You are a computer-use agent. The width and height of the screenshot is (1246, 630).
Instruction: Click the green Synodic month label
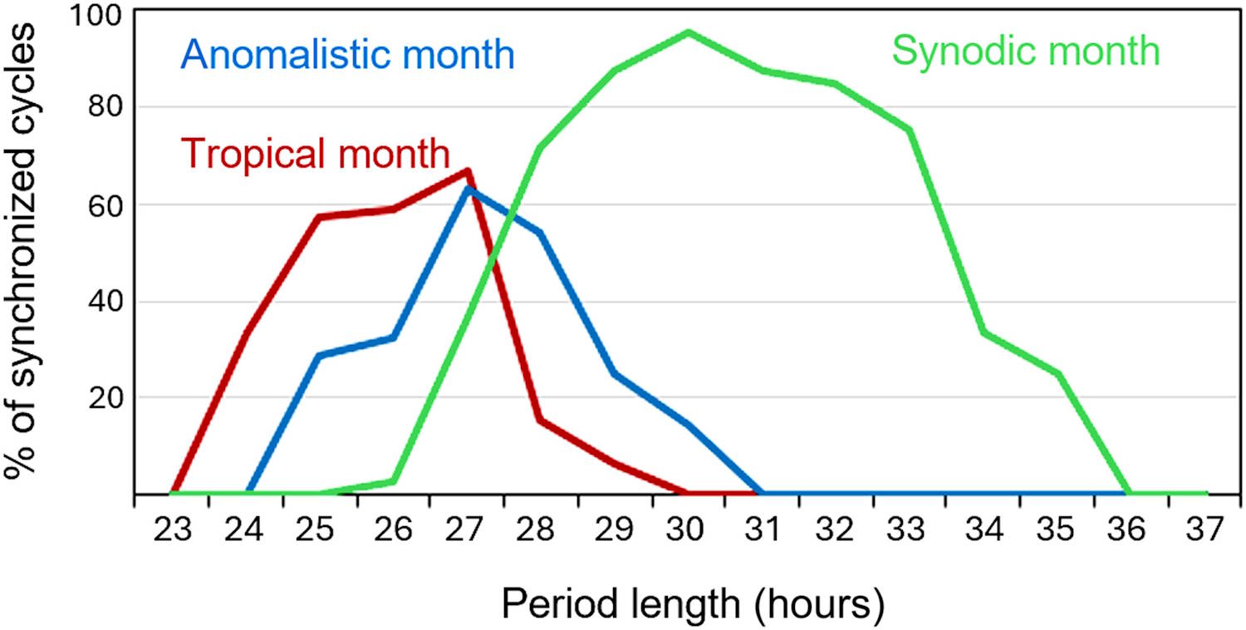point(1025,52)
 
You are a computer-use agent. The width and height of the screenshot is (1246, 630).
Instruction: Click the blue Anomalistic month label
point(348,56)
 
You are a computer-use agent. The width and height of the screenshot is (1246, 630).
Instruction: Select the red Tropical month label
point(316,153)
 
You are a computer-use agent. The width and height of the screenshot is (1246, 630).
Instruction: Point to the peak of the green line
point(689,32)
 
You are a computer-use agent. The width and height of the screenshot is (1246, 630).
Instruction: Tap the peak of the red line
point(468,171)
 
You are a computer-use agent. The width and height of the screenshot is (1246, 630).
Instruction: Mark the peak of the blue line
point(468,189)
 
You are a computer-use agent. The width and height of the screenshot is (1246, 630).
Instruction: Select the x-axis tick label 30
point(689,529)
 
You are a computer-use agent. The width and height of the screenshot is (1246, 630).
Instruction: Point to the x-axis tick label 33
point(910,529)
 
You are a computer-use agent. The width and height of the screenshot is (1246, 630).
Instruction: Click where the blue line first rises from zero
point(248,494)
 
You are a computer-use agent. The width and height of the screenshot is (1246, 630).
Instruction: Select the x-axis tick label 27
point(468,529)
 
